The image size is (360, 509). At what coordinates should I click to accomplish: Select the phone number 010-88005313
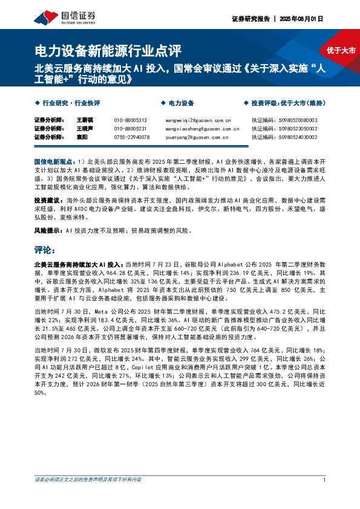coord(130,120)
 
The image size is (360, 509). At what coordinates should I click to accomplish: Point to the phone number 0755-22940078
coord(131,137)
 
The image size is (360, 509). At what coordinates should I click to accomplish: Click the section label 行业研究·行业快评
coord(71,103)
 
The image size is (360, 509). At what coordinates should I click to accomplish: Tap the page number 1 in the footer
coord(326,480)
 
